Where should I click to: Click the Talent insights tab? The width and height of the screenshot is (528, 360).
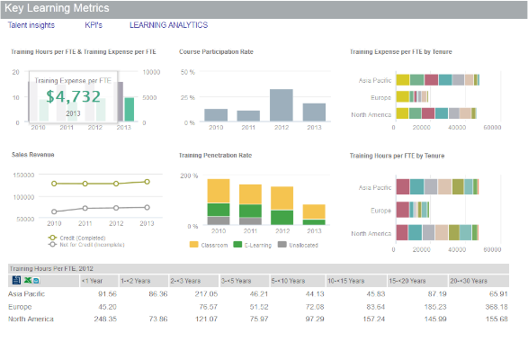31,25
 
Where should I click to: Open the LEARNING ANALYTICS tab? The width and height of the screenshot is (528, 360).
161,25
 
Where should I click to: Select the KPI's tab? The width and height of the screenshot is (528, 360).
94,25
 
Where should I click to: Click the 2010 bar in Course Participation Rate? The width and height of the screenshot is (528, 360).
216,114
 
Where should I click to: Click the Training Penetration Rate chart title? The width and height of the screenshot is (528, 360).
216,156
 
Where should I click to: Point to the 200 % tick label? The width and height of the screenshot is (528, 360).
189,175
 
